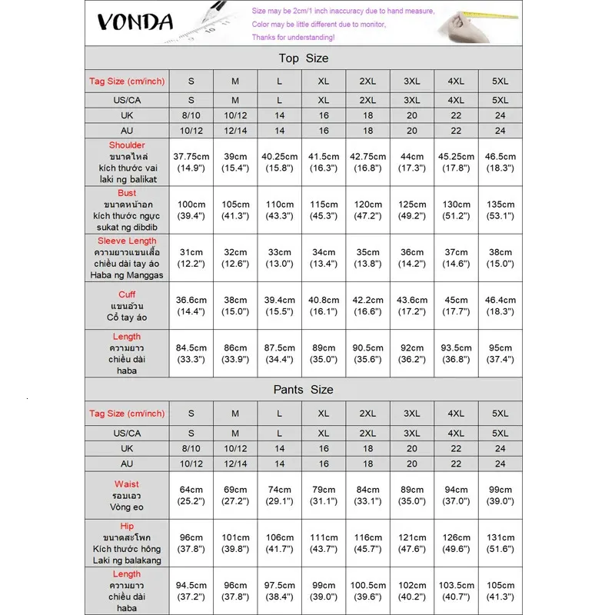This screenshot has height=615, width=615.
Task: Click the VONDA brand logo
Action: pos(135,22)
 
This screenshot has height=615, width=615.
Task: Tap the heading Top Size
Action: pos(303,58)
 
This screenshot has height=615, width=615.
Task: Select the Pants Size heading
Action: pos(303,390)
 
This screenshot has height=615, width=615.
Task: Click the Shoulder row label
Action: pos(127,161)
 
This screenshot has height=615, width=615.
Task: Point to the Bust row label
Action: pos(127,210)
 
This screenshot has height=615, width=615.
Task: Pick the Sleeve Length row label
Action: pos(127,258)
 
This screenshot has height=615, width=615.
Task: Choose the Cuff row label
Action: pos(127,305)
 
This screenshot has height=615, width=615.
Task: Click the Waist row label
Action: pos(127,495)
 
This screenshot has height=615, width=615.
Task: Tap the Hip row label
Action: pos(127,543)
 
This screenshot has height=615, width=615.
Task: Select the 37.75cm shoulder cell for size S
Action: pos(191,161)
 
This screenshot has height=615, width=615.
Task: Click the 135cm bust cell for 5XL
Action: pos(500,210)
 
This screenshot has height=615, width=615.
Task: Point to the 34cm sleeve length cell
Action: pos(324,258)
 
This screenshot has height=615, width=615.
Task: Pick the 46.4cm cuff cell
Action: pos(500,305)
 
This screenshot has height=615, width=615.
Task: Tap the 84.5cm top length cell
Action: pos(191,353)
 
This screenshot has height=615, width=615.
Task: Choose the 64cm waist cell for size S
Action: pos(191,495)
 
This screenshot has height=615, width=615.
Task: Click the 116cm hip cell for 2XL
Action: pos(368,543)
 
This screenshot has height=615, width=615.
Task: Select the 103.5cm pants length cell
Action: pos(456,590)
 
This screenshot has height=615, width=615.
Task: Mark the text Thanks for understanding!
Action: pos(293,37)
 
